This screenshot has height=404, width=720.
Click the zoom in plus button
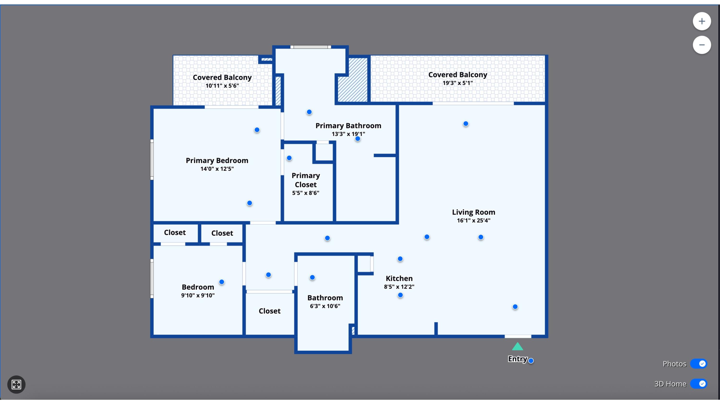pyautogui.click(x=702, y=21)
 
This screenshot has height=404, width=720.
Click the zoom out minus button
pyautogui.click(x=702, y=45)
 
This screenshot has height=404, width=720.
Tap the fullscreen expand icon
pyautogui.click(x=16, y=384)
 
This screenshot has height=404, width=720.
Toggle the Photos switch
pyautogui.click(x=699, y=363)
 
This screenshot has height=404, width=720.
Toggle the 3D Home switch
pyautogui.click(x=699, y=384)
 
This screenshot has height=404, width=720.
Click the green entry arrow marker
pyautogui.click(x=517, y=347)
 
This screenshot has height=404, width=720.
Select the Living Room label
pyautogui.click(x=474, y=212)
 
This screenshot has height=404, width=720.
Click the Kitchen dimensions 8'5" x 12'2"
pyautogui.click(x=399, y=286)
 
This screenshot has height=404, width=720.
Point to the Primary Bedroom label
pyautogui.click(x=217, y=160)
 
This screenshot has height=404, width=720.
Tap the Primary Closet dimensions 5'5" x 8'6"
pyautogui.click(x=306, y=193)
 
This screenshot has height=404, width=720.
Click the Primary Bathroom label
pyautogui.click(x=348, y=126)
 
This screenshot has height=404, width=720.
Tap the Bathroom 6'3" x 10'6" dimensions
pyautogui.click(x=325, y=306)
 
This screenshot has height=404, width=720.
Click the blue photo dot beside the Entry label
pyautogui.click(x=531, y=361)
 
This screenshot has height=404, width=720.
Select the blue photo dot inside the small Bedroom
pyautogui.click(x=222, y=282)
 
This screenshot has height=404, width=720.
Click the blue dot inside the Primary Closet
pyautogui.click(x=289, y=158)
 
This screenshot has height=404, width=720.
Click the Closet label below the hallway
pyautogui.click(x=270, y=311)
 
